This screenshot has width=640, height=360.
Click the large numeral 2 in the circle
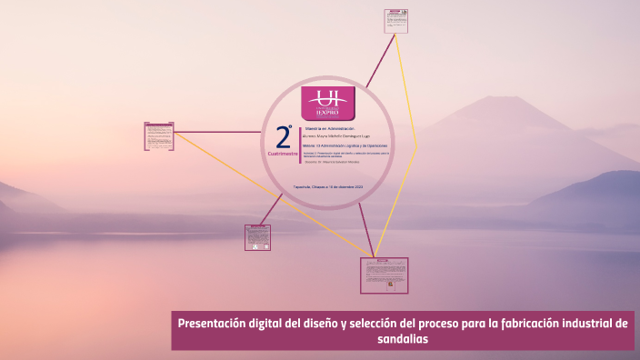(x=284, y=138)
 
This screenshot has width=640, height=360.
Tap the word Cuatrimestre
(x=283, y=154)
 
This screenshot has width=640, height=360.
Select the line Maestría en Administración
(x=328, y=128)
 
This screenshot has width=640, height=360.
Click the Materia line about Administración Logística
(x=346, y=145)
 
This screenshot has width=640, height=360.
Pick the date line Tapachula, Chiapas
(x=328, y=186)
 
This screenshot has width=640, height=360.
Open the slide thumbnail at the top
(x=395, y=20)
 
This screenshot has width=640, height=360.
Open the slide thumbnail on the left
(x=159, y=136)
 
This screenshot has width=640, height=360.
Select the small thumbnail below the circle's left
(x=257, y=237)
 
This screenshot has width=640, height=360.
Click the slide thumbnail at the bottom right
(x=384, y=275)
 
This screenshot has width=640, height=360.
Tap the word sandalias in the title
(x=402, y=339)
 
